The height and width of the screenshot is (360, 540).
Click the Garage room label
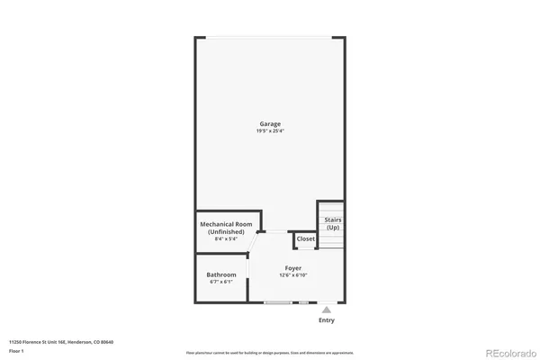point(270,123)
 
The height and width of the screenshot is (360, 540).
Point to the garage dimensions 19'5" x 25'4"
point(270,131)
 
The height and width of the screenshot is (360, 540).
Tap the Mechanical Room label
point(225,224)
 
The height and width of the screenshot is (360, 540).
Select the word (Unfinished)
point(225,231)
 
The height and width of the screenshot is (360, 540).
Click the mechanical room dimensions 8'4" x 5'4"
point(225,238)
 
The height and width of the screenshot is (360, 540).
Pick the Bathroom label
point(221,274)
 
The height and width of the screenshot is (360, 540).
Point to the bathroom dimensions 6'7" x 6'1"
point(221,282)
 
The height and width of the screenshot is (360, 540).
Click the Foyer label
point(293,268)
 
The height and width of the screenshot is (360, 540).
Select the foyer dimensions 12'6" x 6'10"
point(293,275)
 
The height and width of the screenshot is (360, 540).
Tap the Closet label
point(306,238)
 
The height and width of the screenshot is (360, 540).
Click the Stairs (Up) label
point(333,223)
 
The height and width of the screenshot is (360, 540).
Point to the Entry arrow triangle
point(327,309)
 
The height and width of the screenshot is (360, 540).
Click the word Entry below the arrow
point(327,320)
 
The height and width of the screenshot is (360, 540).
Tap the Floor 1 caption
point(17,351)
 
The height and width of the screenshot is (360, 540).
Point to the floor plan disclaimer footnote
point(270,353)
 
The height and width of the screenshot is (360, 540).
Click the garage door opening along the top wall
point(270,37)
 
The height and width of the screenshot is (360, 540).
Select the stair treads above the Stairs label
point(331,207)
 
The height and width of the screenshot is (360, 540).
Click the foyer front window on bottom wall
point(278,302)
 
